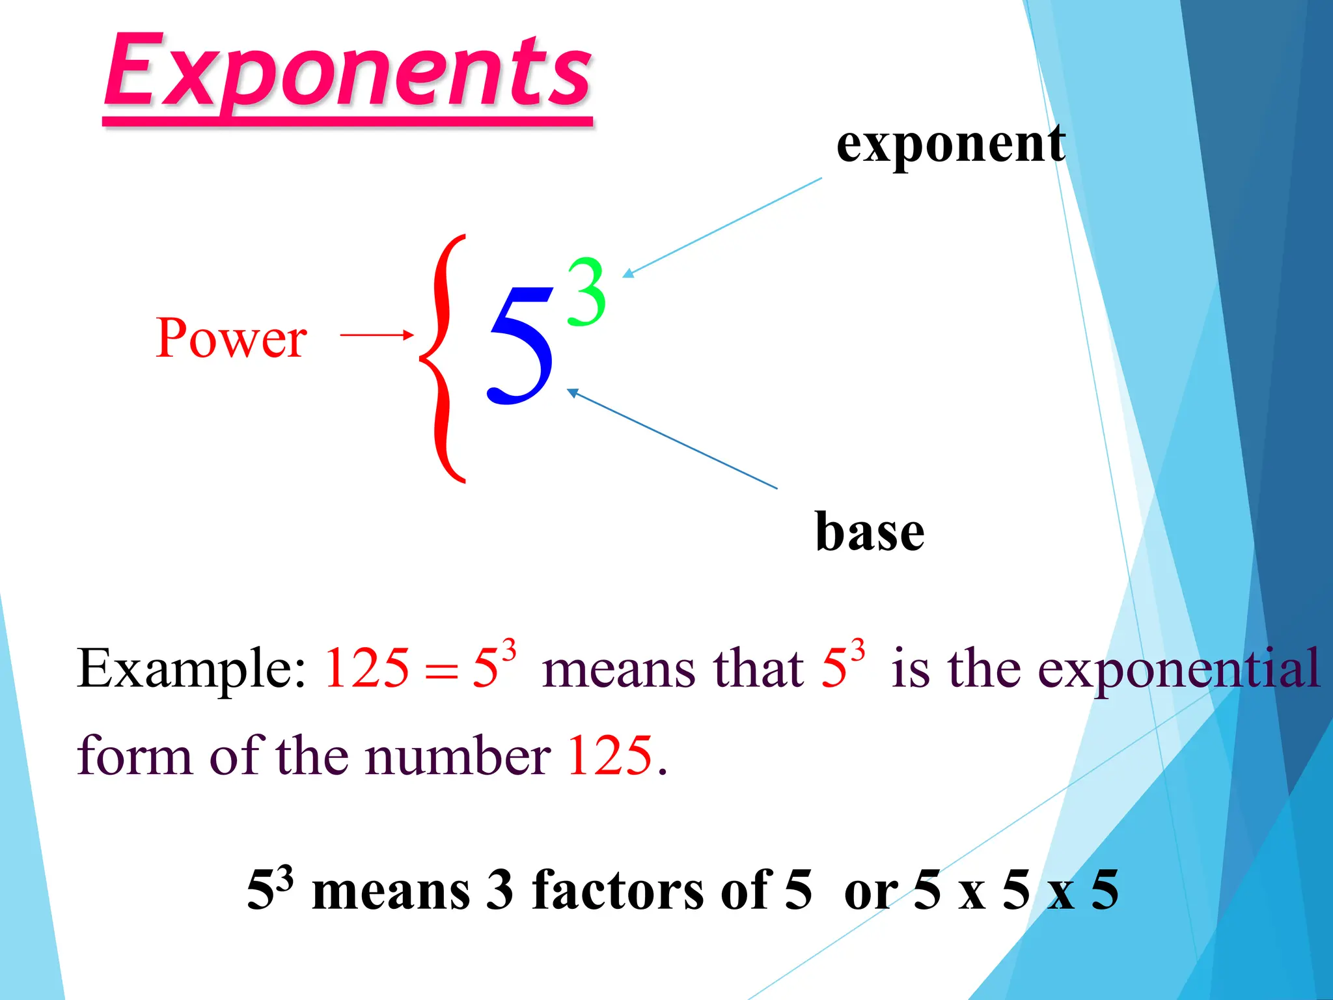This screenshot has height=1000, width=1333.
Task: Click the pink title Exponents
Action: [x=348, y=72]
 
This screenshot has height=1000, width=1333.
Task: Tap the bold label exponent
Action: [x=950, y=145]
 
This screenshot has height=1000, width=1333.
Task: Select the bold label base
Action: [x=870, y=532]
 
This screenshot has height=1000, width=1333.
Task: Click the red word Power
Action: [x=231, y=338]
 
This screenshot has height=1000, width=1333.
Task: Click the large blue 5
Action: [x=521, y=345]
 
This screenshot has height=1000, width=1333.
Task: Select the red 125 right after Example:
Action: [x=367, y=668]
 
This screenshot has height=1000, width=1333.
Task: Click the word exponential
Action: [x=1178, y=669]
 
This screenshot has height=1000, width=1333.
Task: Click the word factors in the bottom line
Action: [x=651, y=891]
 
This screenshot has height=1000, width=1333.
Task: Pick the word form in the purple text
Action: [x=134, y=755]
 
